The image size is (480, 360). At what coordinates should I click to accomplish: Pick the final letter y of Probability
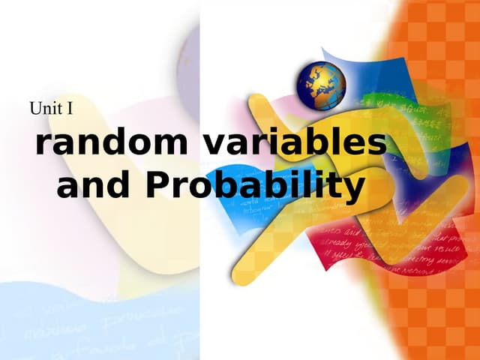[x=352, y=189]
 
